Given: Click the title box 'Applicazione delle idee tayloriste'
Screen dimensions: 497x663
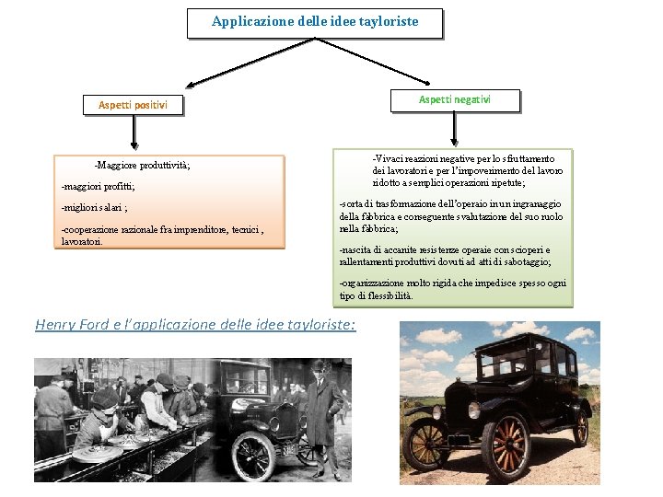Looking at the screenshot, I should coord(314,22).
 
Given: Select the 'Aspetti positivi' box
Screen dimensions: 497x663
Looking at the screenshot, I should coord(133,105).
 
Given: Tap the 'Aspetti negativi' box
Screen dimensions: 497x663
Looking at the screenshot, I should coord(454,99).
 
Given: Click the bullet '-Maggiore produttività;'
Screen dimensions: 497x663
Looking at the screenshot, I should coord(142,166).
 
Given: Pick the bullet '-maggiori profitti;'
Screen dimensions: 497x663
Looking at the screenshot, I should coord(98,187).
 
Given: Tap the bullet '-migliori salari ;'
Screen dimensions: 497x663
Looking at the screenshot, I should coord(93,208).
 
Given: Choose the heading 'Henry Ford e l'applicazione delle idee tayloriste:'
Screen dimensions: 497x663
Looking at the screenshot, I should coord(195,324).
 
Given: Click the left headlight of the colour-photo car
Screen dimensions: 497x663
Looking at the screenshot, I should coord(453,398).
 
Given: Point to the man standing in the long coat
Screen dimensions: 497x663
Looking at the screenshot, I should coord(320,414).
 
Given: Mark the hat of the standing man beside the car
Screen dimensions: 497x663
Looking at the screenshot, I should coord(320,365).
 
